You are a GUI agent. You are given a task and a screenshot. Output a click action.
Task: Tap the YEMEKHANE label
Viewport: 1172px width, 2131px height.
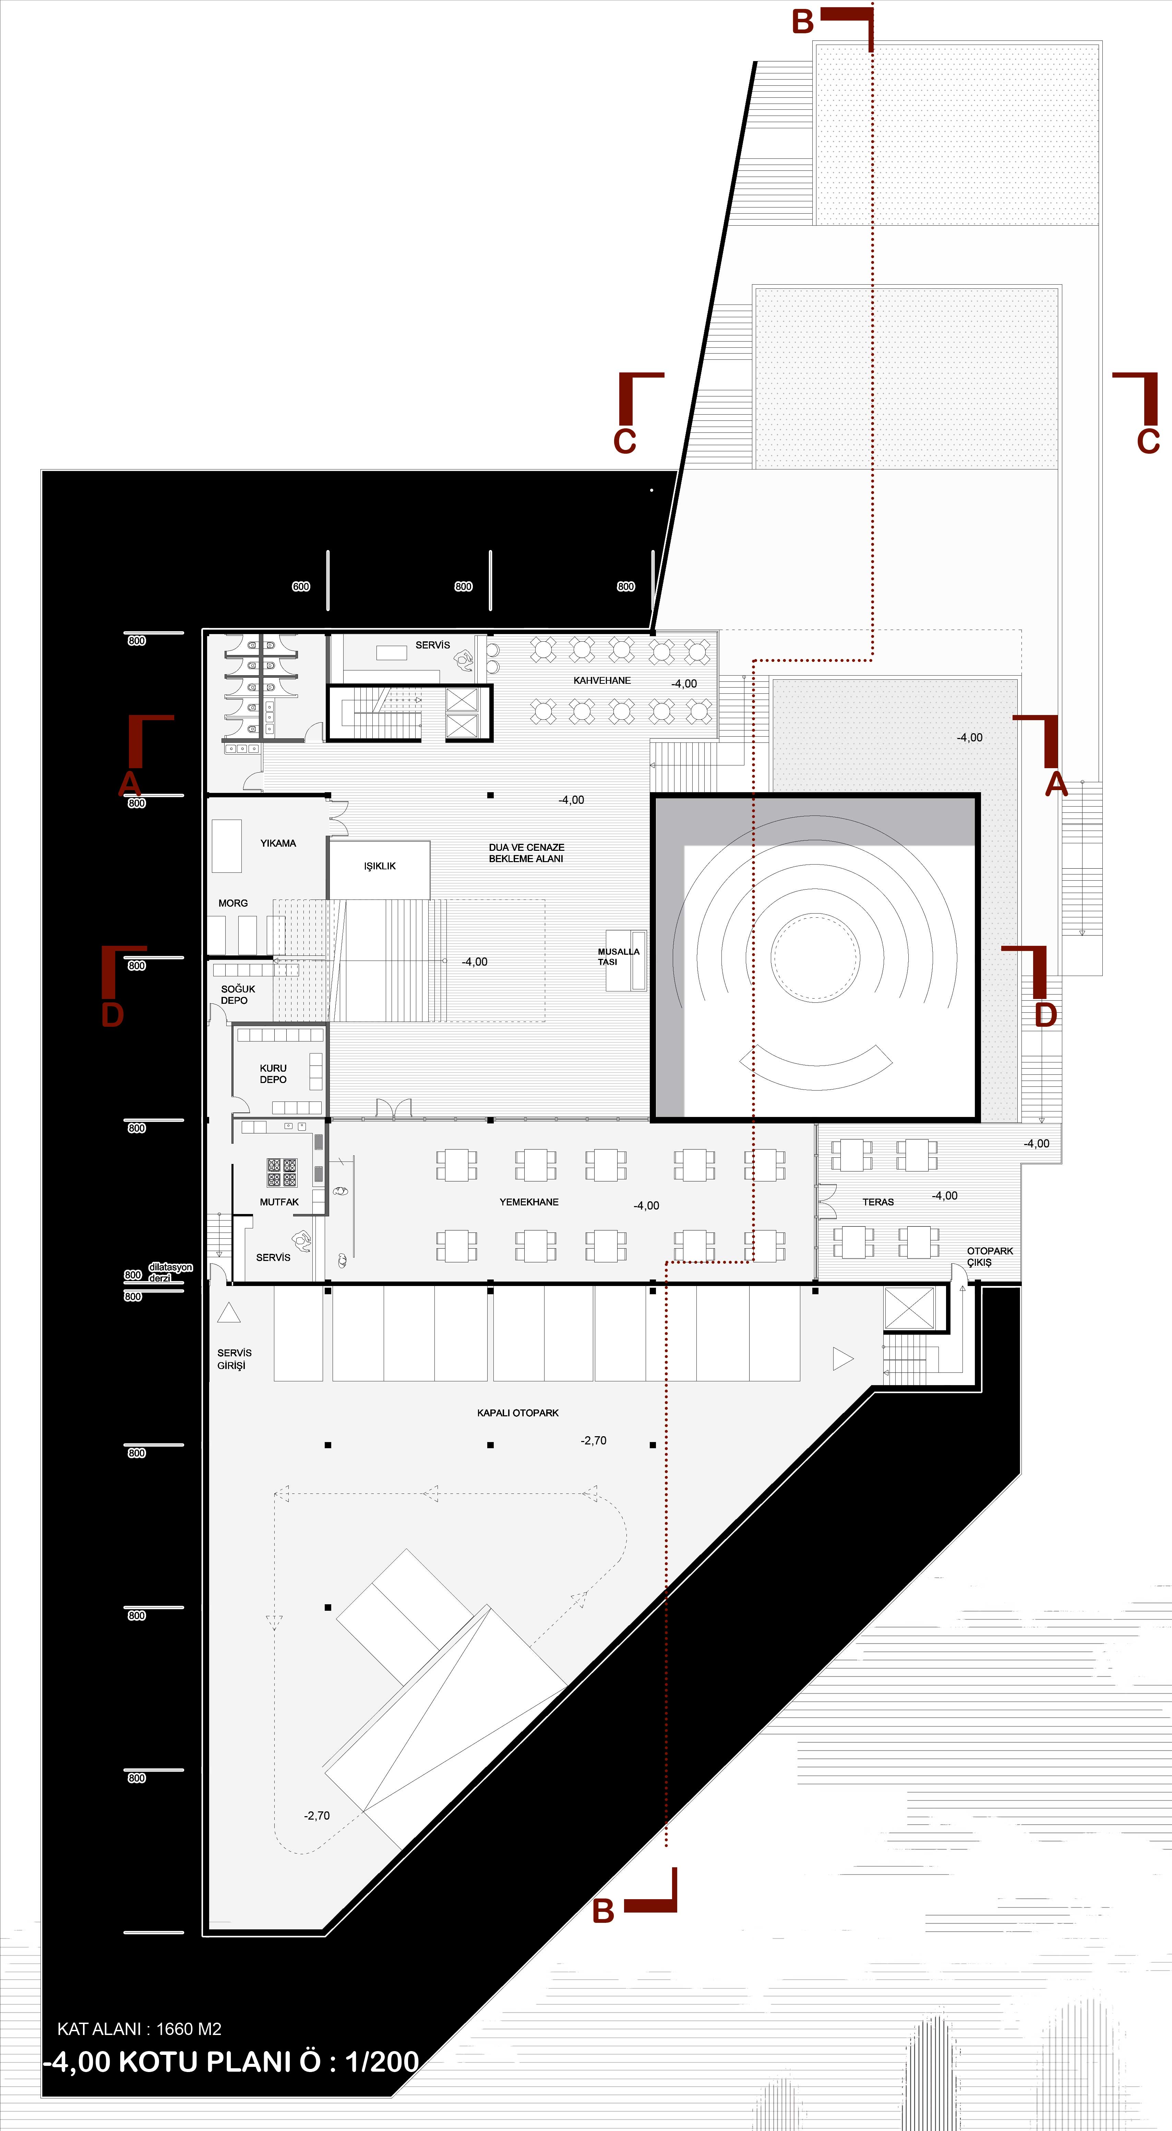pos(529,1202)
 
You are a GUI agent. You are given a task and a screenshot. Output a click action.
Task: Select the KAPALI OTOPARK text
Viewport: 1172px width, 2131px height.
pos(518,1413)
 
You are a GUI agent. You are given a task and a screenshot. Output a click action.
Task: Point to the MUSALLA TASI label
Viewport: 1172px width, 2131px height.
pos(618,956)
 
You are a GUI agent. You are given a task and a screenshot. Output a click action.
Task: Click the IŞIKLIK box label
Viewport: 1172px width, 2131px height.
pos(380,866)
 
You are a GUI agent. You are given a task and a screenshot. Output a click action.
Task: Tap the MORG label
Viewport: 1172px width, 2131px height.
pos(233,903)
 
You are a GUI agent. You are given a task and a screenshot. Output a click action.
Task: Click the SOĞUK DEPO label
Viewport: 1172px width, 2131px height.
pos(237,995)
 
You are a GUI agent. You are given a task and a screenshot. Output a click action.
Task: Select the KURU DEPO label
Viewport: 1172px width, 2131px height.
pos(273,1074)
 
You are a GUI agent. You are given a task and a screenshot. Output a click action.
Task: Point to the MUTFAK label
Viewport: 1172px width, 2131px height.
pos(279,1202)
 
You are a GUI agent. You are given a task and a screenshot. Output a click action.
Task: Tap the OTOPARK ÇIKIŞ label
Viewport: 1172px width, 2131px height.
pos(990,1257)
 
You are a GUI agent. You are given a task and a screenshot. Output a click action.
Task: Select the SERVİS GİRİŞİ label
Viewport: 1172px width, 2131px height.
pos(234,1359)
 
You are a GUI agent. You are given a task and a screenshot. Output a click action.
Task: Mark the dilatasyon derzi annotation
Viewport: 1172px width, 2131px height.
pos(170,1272)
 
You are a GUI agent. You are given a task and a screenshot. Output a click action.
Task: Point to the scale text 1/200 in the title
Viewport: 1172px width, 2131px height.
pos(382,2061)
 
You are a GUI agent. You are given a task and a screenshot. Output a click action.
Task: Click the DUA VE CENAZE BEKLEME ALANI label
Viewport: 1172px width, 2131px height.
pos(526,853)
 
